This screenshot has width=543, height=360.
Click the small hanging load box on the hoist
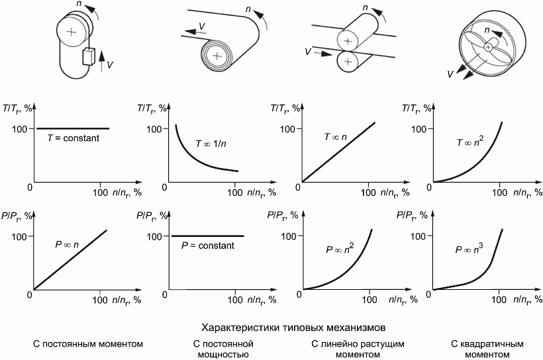tap(89, 57)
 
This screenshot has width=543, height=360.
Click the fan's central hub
tap(489, 46)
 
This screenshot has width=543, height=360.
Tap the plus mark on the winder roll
tap(217, 56)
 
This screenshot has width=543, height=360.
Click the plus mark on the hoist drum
tap(72, 32)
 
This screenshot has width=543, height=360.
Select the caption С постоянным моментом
tap(88, 344)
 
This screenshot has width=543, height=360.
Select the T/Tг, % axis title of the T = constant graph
tap(21, 108)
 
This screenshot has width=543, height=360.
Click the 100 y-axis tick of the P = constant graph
tap(154, 236)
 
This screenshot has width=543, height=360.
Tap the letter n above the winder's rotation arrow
tap(248, 10)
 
